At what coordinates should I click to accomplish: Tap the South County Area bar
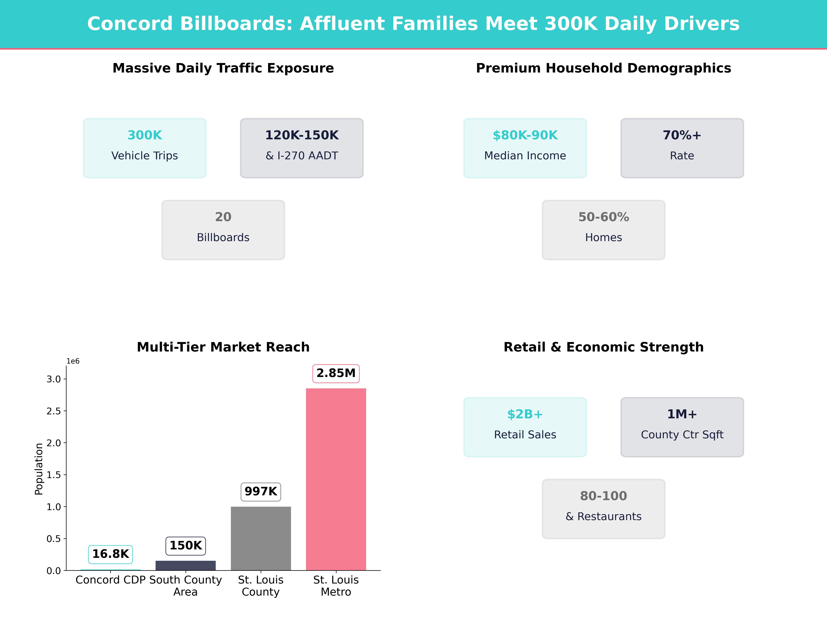tap(185, 565)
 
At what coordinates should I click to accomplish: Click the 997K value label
tap(261, 492)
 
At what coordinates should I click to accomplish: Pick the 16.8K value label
tap(110, 554)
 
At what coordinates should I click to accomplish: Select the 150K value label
tap(185, 546)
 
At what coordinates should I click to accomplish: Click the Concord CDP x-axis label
tap(110, 580)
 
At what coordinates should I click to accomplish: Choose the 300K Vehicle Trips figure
tap(145, 135)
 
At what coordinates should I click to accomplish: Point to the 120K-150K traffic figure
tap(302, 135)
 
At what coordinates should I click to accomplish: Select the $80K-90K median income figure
tap(525, 135)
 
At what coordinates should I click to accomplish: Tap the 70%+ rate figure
tap(682, 135)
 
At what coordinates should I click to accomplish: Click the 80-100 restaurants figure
tap(603, 496)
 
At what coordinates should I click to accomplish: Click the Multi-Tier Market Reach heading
tap(223, 347)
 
